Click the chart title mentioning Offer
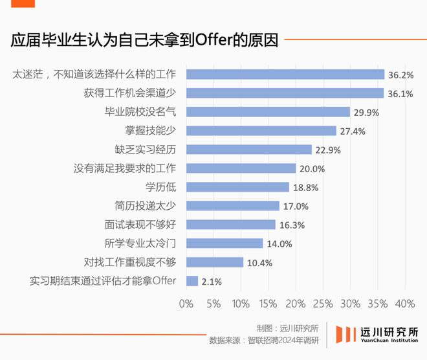(144, 41)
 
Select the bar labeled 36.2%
(285, 74)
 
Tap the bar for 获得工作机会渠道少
(285, 93)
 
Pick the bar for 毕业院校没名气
(268, 112)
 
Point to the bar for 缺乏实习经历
(248, 150)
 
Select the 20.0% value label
(312, 168)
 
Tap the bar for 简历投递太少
(232, 206)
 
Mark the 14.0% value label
(279, 243)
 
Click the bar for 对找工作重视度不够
(214, 262)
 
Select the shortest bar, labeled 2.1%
(192, 281)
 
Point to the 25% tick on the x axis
(323, 304)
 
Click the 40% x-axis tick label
(405, 304)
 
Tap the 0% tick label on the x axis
(186, 304)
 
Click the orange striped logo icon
(345, 334)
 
